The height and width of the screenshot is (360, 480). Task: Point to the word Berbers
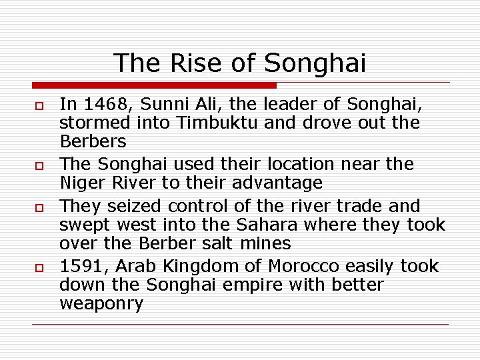[93, 141]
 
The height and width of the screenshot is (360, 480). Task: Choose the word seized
[134, 205]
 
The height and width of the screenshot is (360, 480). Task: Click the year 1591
[83, 266]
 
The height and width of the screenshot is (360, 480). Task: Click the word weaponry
[101, 304]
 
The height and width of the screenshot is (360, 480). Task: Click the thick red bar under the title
[154, 85]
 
